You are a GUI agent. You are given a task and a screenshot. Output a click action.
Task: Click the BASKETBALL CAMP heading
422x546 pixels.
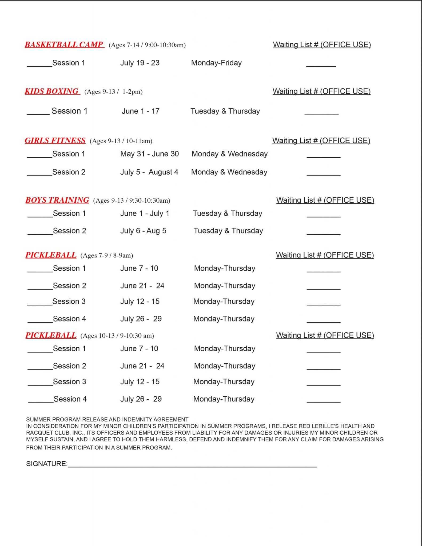[x=64, y=45]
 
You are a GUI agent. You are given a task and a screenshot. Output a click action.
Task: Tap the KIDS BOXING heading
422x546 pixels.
[x=52, y=91]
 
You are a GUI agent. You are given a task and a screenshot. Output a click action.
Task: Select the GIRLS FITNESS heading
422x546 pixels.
[x=55, y=140]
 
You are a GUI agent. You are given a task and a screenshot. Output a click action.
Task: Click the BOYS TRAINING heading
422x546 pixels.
[x=57, y=200]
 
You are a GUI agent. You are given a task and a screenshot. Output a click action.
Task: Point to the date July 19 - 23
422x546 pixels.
[x=140, y=63]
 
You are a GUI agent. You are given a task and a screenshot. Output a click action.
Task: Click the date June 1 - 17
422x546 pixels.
[x=141, y=111]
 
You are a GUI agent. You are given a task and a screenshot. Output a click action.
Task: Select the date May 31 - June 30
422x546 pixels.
[x=149, y=154]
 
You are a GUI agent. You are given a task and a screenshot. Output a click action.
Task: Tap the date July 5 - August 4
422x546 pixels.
[x=149, y=172]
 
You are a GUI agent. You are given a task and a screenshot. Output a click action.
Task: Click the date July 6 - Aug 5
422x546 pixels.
[x=143, y=231]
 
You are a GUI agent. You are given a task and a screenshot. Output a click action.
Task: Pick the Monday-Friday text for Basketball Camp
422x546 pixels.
[x=216, y=63]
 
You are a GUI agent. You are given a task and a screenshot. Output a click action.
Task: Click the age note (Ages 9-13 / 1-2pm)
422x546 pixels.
[x=113, y=92]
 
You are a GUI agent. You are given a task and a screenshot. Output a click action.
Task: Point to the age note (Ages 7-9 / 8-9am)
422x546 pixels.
[x=107, y=255]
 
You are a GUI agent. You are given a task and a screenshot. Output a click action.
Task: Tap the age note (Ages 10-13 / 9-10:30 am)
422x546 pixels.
[x=117, y=336]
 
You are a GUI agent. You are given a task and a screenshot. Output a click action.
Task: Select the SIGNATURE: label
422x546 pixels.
[x=47, y=464]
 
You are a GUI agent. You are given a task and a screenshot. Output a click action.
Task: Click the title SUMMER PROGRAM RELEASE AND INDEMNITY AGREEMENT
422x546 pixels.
[x=107, y=419]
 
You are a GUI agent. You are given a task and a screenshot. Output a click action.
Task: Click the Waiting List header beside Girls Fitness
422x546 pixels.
[x=321, y=140]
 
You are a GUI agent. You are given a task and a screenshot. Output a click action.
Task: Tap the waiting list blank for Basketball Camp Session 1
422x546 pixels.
[x=321, y=65]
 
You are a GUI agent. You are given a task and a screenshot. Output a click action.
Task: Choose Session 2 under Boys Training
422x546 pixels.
[x=70, y=231]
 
